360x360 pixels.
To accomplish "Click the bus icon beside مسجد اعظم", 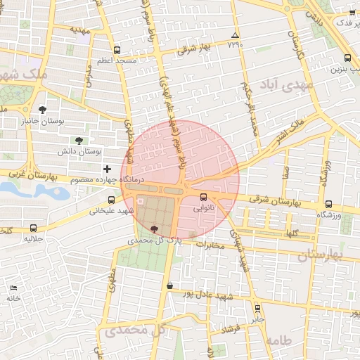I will coord(116,51).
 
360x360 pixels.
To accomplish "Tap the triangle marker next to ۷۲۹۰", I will coord(235,35).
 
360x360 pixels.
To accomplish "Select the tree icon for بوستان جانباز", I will coord(44,110).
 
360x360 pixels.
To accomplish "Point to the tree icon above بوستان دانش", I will coord(78,140).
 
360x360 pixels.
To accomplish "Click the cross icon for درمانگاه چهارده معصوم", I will coord(107,169).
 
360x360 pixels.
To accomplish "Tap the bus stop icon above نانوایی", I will coord(204,197).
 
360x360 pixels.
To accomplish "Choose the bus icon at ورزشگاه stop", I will coord(328,204).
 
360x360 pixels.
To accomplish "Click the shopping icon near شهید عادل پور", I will coord(170,285).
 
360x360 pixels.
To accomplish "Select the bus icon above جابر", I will coord(257,307).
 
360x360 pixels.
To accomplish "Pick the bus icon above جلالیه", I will coord(35,228).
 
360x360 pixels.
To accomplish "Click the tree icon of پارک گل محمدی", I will coord(155,229).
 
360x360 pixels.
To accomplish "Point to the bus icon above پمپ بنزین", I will coord(349,58).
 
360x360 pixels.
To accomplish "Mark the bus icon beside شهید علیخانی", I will coord(112,200).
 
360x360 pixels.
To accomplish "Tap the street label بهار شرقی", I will coord(195,48).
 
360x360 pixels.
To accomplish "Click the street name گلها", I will coord(292,233).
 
